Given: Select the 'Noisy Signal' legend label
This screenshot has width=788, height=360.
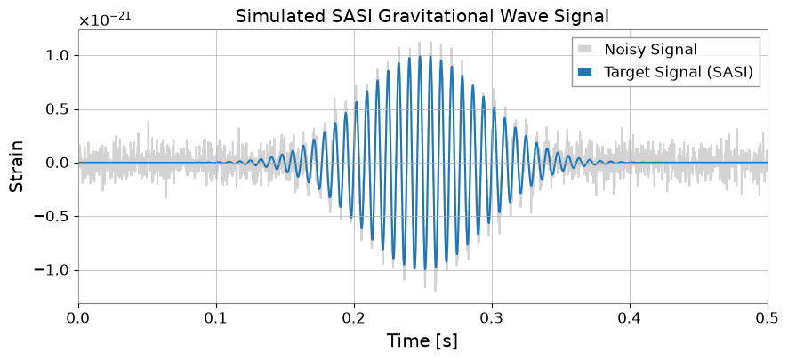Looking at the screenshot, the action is click(650, 50).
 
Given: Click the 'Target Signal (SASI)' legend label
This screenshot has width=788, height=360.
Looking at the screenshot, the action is click(679, 72).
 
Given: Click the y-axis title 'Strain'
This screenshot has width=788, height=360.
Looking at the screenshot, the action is click(17, 165).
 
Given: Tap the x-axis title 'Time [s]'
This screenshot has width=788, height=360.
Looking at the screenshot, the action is click(422, 341).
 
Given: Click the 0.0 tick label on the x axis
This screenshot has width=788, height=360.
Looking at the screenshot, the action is click(78, 319).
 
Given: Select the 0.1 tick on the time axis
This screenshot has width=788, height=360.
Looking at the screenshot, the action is click(216, 319).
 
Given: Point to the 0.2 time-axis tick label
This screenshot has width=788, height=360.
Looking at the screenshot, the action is click(354, 319).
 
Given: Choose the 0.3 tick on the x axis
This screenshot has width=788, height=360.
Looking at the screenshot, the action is click(492, 319).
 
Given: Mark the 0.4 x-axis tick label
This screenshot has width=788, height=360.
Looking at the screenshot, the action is click(631, 319).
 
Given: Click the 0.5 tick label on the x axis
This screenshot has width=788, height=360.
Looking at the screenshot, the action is click(768, 319).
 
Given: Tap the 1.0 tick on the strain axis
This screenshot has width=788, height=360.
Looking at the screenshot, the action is click(60, 55).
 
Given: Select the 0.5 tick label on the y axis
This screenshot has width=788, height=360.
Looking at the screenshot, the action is click(60, 109).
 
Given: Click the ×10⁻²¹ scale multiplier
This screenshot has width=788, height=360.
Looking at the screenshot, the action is click(105, 20).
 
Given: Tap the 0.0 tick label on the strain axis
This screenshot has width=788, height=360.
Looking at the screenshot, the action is click(60, 164).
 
